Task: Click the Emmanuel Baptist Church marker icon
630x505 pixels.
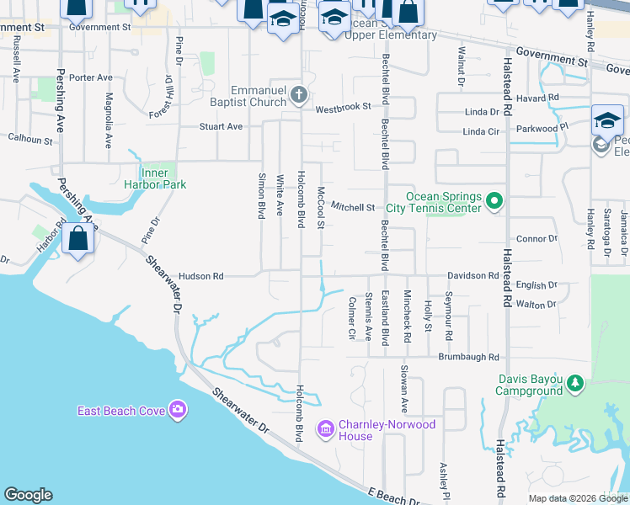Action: point(299,95)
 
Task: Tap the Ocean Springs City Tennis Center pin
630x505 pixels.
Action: point(494,201)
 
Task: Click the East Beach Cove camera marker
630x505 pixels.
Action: point(178,410)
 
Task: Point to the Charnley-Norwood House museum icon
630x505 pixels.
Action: point(325,429)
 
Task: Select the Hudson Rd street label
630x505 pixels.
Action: point(201,276)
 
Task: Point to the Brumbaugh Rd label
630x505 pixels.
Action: point(469,357)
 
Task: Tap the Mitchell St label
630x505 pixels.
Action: point(352,206)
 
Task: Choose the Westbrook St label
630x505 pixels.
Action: point(344,108)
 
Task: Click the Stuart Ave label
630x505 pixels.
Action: point(221,127)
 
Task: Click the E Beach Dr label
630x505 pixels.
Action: point(393,497)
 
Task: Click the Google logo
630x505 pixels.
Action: point(28,495)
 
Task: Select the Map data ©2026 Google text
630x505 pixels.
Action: point(576,497)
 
